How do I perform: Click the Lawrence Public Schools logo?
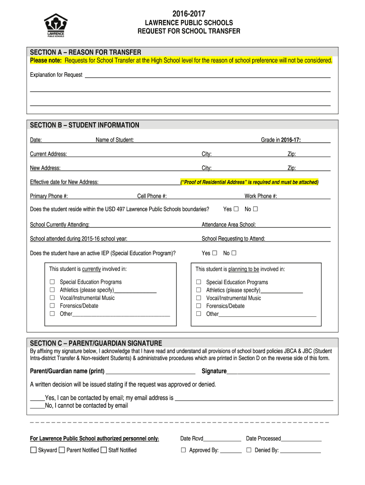click(55, 25)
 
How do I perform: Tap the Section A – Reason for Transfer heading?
click(85, 52)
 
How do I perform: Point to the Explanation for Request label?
click(56, 75)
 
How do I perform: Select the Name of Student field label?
click(115, 140)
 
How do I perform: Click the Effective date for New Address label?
click(64, 182)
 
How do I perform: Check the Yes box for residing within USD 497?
click(236, 209)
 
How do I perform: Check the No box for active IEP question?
click(234, 253)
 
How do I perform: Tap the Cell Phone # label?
click(152, 196)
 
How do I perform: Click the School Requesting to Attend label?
click(233, 239)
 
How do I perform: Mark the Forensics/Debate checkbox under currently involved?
click(53, 306)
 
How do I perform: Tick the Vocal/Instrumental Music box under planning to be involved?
click(199, 298)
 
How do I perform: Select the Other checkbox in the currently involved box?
click(53, 314)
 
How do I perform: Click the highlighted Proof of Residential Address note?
click(249, 182)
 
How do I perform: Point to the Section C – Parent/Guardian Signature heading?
click(96, 343)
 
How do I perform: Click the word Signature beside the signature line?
click(214, 371)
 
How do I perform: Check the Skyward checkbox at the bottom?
click(33, 450)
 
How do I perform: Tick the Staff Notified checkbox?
click(103, 450)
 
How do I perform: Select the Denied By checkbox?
click(249, 450)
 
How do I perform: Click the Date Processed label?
click(263, 439)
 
